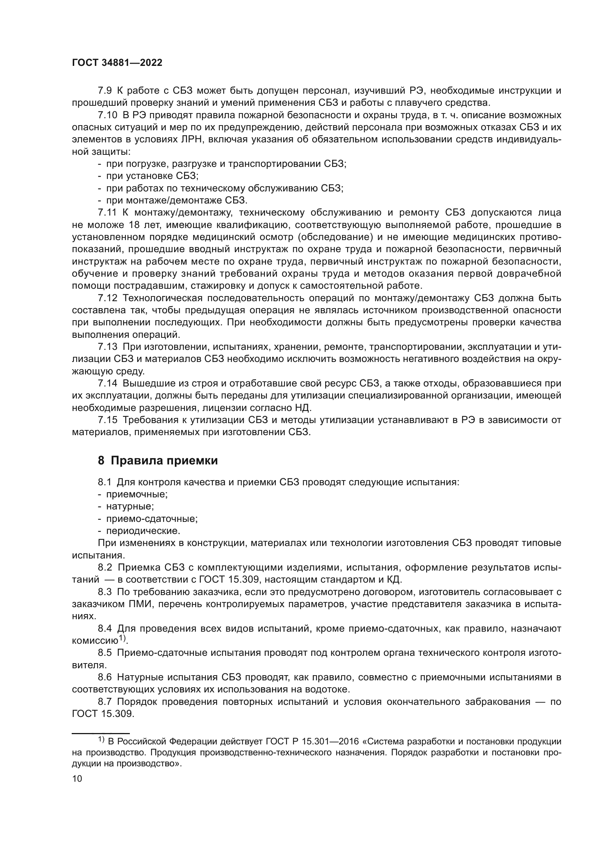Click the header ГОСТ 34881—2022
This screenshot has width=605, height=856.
tap(117, 63)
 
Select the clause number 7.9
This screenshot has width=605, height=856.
tap(105, 91)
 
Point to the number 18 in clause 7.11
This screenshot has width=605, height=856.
tap(134, 225)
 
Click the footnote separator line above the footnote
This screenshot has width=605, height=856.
tap(100, 733)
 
